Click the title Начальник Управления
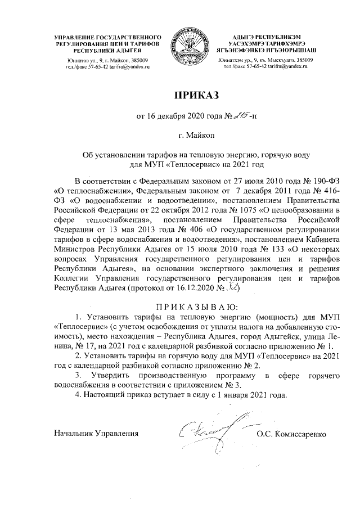96,434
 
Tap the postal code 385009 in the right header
302,60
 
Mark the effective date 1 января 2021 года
251,393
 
